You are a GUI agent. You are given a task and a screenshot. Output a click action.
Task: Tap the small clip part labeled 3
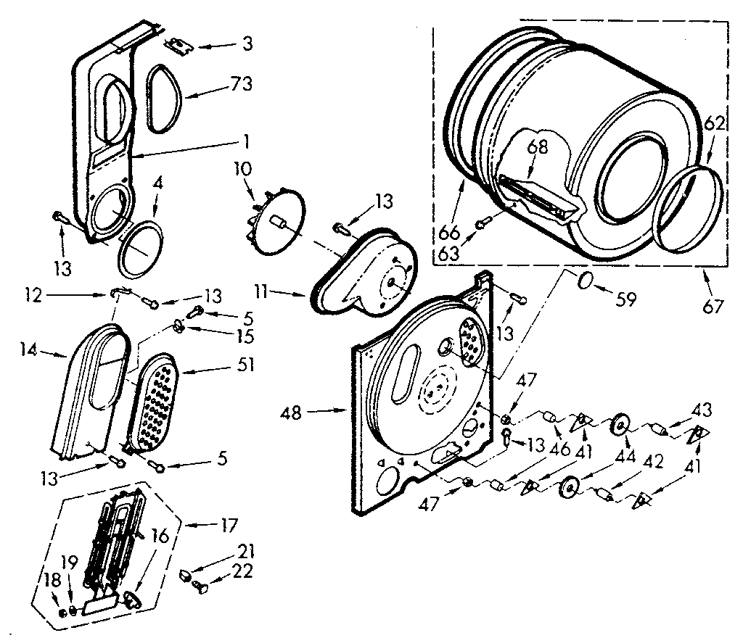176,45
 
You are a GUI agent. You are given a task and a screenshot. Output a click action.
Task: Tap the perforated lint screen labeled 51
154,401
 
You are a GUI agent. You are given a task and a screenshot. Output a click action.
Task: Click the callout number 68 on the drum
537,146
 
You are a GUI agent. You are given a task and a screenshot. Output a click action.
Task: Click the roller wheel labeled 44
620,425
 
